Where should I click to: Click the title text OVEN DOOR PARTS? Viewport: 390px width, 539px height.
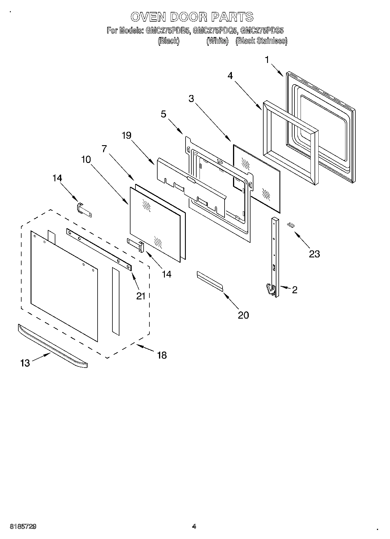(192, 17)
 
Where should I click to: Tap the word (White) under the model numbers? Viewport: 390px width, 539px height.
(217, 41)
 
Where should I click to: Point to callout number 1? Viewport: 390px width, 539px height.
(267, 60)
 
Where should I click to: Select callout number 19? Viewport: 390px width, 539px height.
(127, 135)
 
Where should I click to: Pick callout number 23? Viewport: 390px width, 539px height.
(314, 254)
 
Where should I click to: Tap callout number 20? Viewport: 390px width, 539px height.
(243, 315)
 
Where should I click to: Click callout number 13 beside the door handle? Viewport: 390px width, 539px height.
(25, 363)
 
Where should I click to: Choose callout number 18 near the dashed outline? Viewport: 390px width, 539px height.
(162, 355)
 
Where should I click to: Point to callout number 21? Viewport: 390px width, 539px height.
(141, 296)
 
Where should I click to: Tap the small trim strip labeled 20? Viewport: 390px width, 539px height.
(210, 281)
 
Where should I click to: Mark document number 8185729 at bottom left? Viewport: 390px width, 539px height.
(23, 527)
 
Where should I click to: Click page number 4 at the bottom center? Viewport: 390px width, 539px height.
(194, 526)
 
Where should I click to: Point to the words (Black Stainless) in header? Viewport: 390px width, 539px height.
(261, 41)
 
